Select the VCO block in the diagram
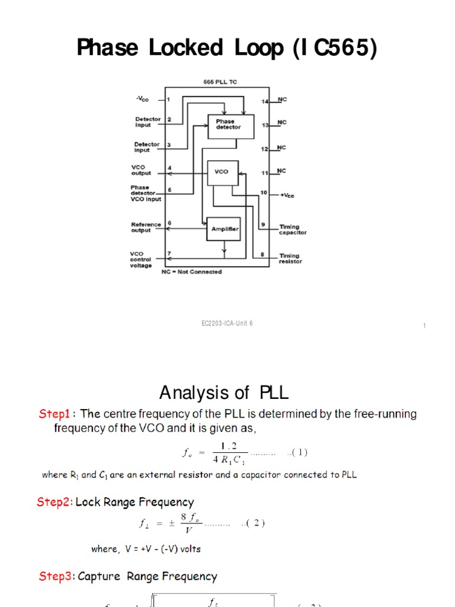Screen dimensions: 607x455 point(222,172)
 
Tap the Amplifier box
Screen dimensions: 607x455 point(223,229)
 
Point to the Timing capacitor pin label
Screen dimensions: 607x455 point(293,229)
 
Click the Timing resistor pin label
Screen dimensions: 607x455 point(290,258)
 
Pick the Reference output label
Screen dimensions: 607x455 point(146,227)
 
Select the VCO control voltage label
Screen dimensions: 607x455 point(141,259)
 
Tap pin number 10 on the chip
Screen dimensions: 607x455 point(264,193)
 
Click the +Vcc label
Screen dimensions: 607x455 point(288,195)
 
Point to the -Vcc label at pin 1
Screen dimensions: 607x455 point(143,99)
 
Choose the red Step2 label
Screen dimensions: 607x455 point(54,502)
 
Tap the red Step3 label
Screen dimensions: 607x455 point(56,576)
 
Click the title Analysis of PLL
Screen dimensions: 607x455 point(224,392)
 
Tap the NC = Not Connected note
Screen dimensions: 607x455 point(191,272)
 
